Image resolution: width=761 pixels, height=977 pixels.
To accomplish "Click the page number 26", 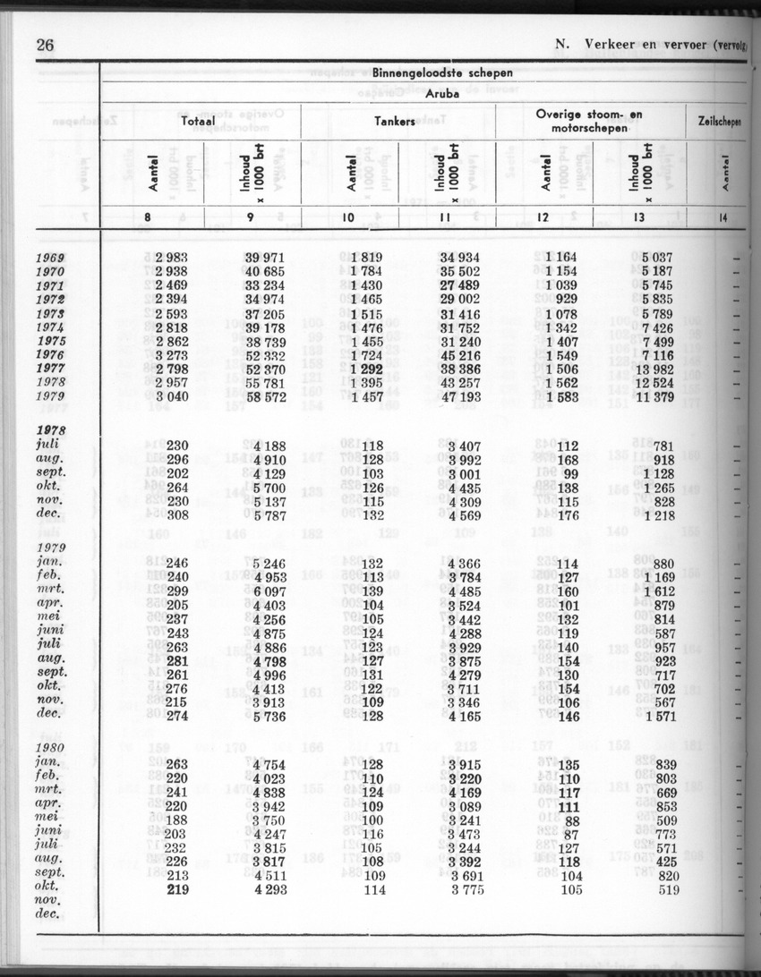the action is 45,46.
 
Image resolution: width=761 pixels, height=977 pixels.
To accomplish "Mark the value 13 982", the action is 656,370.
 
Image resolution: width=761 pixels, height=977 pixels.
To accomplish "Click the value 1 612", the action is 661,591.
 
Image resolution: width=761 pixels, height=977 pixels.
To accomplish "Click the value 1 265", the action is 661,488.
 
